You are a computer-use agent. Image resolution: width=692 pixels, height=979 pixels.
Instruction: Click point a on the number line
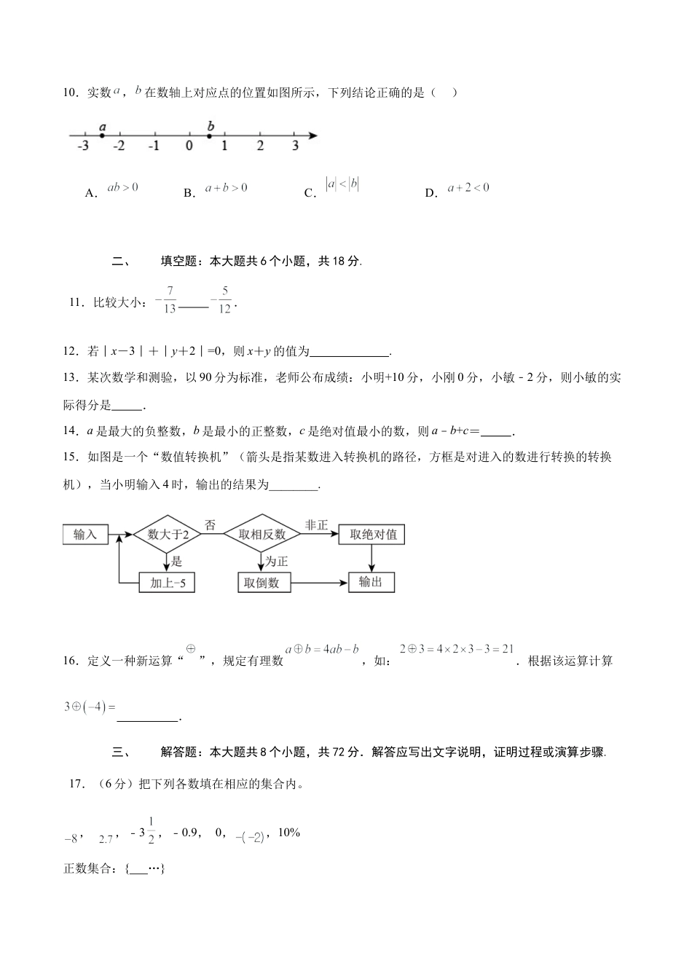[102, 135]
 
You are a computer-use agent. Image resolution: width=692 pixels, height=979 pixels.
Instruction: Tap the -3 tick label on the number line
[82, 146]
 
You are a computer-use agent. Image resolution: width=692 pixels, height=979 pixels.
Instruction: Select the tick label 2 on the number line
[260, 146]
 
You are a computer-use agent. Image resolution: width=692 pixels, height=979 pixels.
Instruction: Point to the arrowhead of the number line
[312, 135]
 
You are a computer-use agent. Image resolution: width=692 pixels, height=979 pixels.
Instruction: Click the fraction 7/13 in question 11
[169, 300]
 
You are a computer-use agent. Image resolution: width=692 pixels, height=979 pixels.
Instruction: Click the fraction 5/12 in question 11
[224, 300]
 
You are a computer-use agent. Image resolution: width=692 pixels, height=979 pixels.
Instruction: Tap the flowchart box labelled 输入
[85, 535]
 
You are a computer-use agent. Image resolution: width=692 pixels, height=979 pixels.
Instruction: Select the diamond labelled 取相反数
[262, 535]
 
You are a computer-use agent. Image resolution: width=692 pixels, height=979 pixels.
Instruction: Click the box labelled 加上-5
[167, 583]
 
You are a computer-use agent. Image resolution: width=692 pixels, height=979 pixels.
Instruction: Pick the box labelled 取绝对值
[373, 535]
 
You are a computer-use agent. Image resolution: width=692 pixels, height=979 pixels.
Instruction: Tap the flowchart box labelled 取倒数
[263, 583]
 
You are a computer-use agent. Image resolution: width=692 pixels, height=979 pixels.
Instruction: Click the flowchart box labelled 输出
[371, 582]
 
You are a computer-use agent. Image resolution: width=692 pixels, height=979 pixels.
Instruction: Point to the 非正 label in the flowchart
[317, 524]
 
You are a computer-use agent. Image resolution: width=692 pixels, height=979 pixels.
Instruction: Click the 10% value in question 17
[288, 833]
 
